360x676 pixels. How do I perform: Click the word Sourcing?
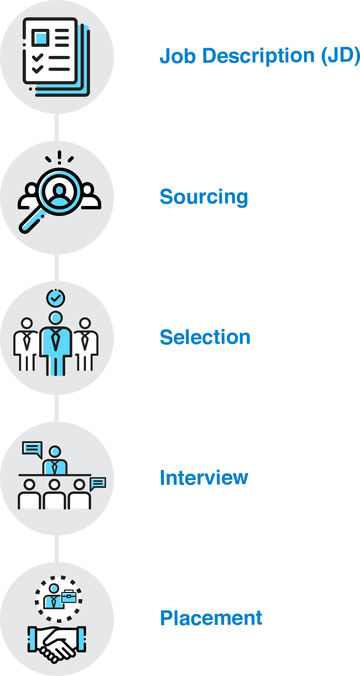click(204, 197)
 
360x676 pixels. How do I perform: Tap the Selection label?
click(205, 337)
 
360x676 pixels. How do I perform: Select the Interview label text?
click(204, 478)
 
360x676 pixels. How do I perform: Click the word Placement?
click(211, 618)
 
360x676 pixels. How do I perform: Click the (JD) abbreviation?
click(340, 56)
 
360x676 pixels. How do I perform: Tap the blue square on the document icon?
click(41, 37)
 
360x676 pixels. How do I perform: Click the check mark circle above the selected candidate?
click(56, 298)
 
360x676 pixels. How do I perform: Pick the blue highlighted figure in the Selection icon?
click(56, 343)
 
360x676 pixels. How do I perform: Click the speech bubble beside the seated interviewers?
click(98, 483)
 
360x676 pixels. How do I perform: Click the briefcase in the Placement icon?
click(69, 597)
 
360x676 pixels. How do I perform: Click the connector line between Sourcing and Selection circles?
click(57, 268)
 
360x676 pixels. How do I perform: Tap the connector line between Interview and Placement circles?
click(57, 548)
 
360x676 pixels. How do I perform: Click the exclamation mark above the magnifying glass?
click(59, 156)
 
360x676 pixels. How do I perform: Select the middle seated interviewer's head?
click(54, 485)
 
